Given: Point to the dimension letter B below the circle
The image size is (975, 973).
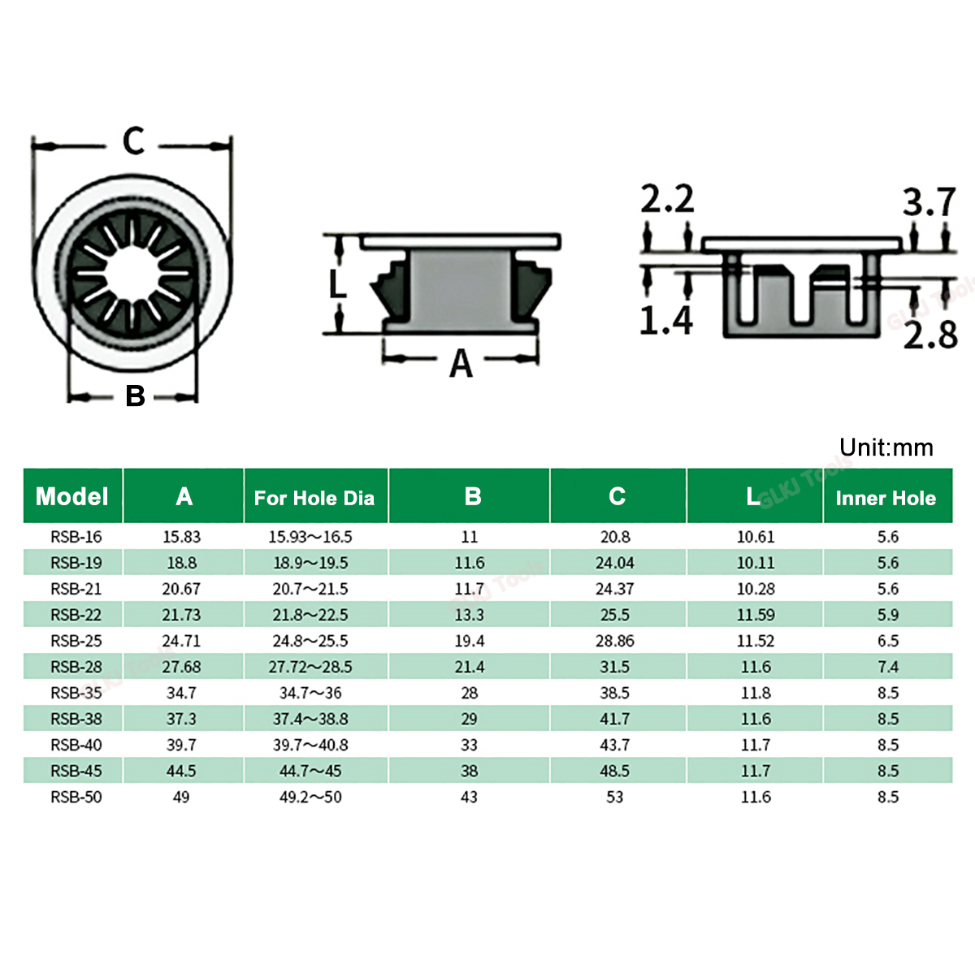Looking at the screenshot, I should point(135,396).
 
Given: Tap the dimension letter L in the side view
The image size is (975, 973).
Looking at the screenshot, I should point(337,285).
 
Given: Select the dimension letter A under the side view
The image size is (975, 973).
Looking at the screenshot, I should point(461,364).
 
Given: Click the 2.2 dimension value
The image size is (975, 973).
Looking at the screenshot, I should point(667,200).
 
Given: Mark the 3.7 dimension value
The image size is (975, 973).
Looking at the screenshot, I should point(929,202).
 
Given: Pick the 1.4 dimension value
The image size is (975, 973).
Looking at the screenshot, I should point(665,320).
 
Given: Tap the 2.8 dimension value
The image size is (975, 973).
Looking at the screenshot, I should point(930,335).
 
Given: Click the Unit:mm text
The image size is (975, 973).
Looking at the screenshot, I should point(886,448).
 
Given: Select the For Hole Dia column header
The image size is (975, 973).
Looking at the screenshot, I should point(314,498).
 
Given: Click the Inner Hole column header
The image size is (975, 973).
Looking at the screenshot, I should point(886,498).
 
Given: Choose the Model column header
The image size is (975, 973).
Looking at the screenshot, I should point(72,496).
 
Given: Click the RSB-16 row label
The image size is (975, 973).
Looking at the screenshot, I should point(76,537).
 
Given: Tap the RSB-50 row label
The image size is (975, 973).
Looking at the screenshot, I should point(76,797).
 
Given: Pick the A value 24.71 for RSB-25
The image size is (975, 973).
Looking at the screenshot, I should point(181,641).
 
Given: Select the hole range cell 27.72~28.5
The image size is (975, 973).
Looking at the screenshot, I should point(310,667).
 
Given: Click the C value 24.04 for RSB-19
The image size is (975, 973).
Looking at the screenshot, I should point(615,563).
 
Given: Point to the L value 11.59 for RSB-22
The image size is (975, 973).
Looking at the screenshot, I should point(756,615).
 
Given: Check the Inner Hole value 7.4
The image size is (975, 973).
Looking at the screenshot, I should point(888,667).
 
